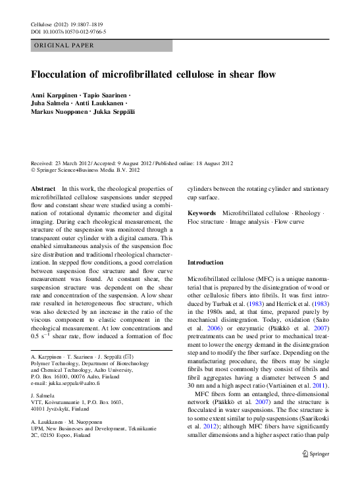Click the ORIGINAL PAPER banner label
64,45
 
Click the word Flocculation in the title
63,74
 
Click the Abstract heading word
43,188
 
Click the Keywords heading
201,213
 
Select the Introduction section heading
206,262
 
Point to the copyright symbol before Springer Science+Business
35,170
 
